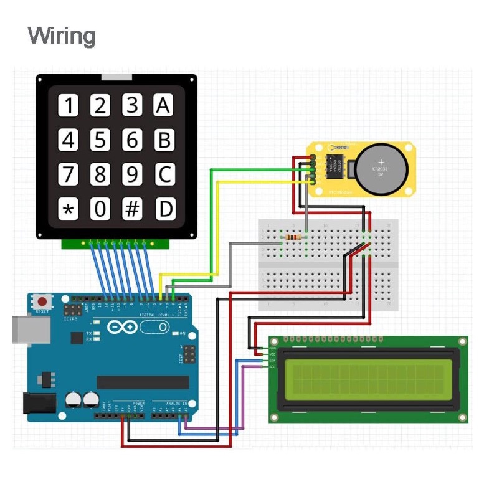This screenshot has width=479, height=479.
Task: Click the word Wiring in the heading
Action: pos(62,36)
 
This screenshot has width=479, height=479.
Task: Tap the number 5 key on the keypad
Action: pos(100,140)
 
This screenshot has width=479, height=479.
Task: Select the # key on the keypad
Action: pos(132,209)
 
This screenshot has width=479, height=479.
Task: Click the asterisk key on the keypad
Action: pos(69,209)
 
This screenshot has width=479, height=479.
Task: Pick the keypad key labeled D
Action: pos(164,209)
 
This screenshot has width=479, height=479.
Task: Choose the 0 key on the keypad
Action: pos(100,209)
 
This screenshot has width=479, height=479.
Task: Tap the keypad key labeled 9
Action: pos(132,174)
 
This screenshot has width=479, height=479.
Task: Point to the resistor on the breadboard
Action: pos(292,237)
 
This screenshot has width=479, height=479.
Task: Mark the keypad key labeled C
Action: pos(164,174)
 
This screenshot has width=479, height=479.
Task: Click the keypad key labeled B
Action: pos(164,140)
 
